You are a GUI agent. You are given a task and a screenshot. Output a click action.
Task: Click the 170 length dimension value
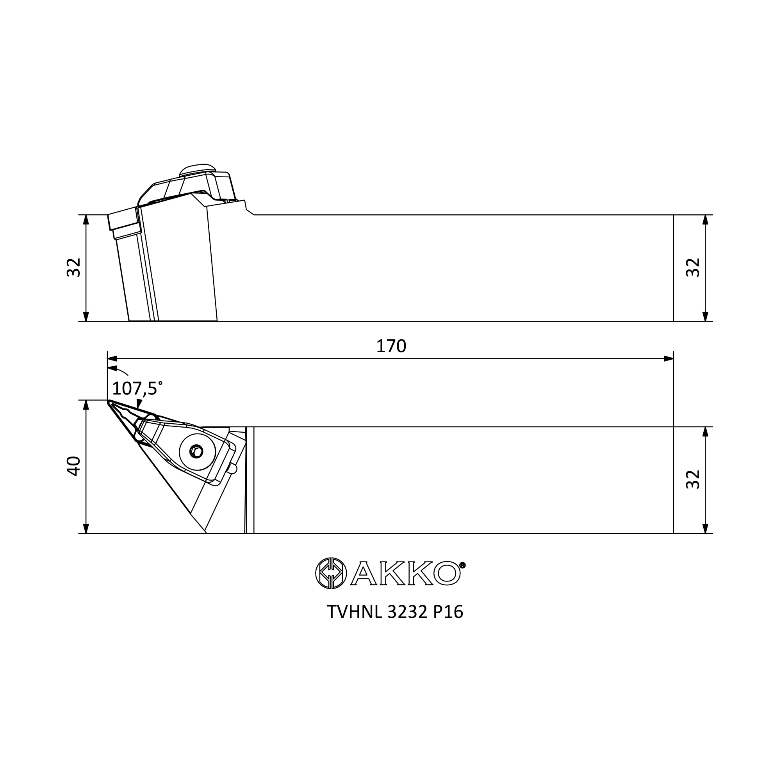391,346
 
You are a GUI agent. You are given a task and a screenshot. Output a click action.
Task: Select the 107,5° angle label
137,389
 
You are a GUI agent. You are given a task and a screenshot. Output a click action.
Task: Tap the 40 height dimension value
73,466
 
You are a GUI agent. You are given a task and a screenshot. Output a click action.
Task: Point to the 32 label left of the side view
73,267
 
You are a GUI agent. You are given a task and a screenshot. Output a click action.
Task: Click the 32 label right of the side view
693,267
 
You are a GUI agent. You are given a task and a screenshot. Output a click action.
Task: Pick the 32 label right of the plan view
693,480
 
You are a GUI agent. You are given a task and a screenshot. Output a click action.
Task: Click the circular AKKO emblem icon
331,573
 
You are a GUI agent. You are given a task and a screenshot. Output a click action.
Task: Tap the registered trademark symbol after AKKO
462,565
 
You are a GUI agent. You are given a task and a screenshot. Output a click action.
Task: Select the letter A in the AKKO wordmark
364,573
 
